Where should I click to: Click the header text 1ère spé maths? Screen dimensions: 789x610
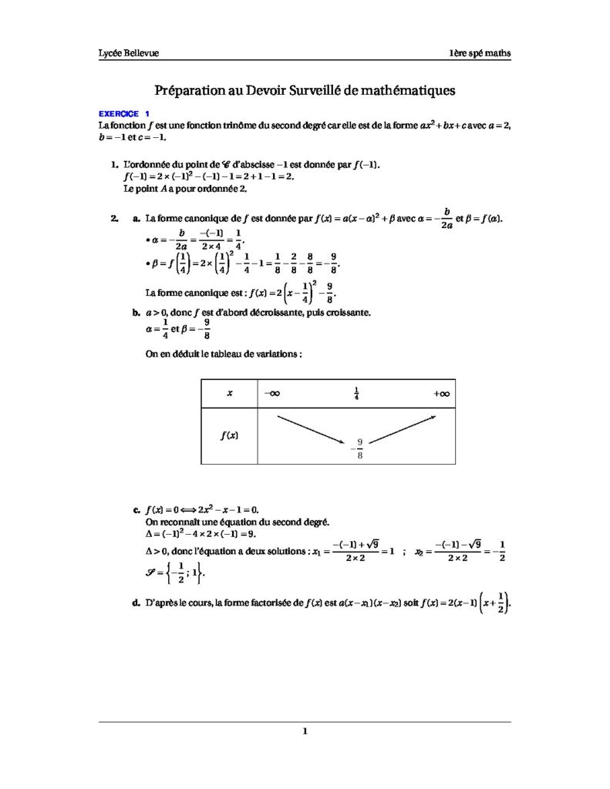481,53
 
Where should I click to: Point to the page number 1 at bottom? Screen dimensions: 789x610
305,732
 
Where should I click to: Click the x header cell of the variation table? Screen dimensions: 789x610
229,394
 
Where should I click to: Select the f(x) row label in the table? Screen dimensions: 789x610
228,435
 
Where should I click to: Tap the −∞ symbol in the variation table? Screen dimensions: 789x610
271,394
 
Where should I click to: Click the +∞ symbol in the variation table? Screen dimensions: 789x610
442,394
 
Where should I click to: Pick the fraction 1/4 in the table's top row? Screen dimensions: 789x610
356,394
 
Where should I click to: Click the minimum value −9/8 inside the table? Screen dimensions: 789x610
358,448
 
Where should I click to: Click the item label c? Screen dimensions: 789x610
136,510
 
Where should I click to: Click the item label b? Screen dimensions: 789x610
136,314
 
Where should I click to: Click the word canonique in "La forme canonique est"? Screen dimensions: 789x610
200,292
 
